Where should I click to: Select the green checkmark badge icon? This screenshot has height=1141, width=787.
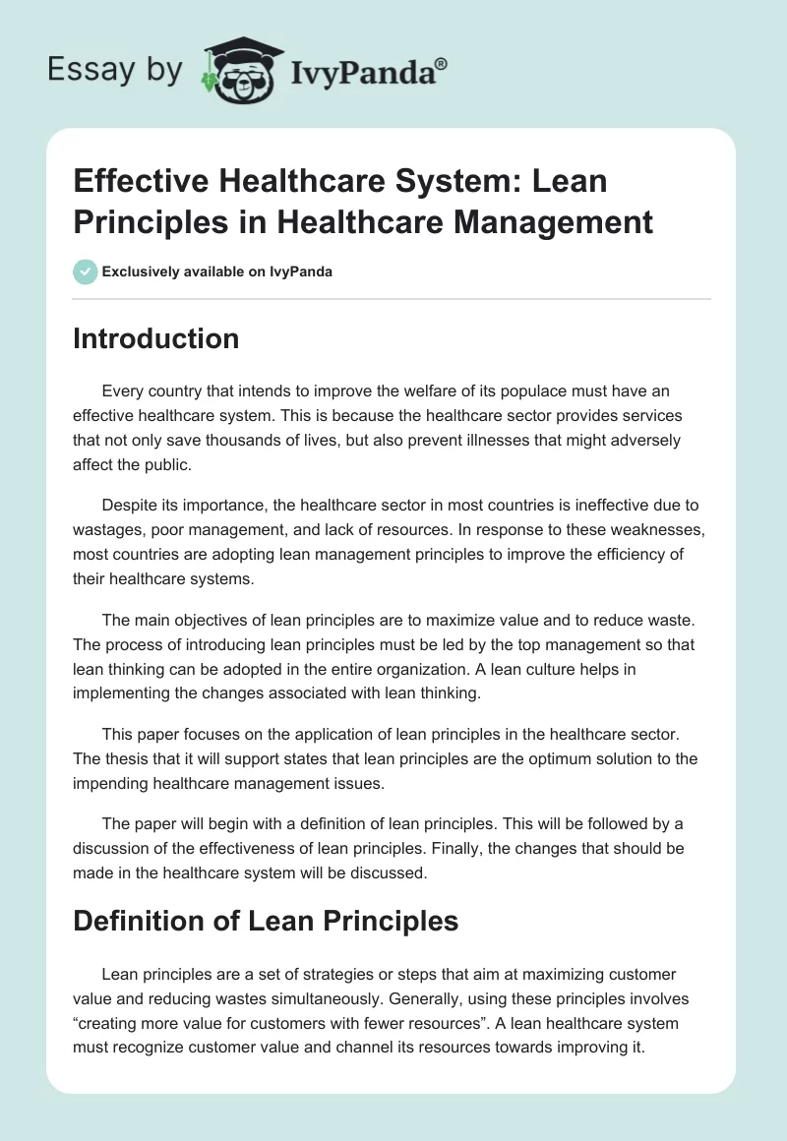pos(86,271)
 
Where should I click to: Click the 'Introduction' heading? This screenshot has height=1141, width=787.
pos(155,338)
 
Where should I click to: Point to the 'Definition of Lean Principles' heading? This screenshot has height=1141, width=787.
pos(266,921)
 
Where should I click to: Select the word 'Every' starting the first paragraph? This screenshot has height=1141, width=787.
pos(122,391)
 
